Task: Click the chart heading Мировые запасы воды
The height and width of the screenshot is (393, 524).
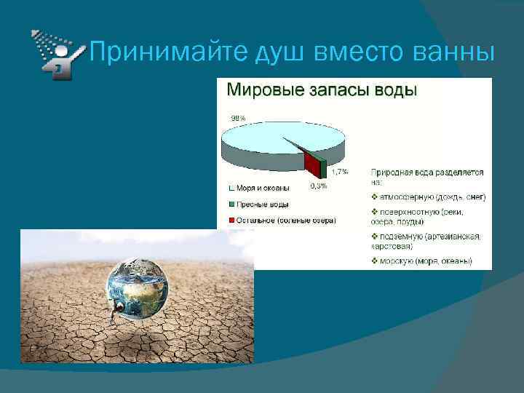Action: coord(322,91)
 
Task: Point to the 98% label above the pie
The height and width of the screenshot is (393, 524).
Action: coord(238,117)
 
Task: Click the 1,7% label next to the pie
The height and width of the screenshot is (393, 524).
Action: coord(339,172)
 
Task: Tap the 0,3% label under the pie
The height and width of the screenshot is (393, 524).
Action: coord(318,186)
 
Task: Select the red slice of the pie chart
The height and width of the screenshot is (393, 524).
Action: coord(313,164)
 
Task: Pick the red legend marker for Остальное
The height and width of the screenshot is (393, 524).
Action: coord(230,220)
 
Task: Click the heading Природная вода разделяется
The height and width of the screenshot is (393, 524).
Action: coord(427,172)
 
